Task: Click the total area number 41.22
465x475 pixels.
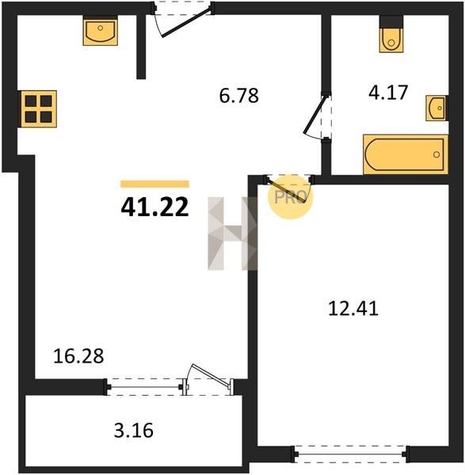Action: point(154,207)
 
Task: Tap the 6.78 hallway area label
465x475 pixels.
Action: point(239,96)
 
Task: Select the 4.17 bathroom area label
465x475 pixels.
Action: point(388,93)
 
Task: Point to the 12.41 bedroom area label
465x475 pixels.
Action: point(353,309)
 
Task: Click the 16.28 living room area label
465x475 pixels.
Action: point(78,356)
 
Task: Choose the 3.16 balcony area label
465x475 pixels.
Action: point(134,431)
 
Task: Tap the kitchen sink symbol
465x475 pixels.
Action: point(101,32)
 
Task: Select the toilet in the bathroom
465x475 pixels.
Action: point(391,39)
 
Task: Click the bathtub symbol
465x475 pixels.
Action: point(406,154)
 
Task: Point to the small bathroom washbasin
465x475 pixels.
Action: point(436,108)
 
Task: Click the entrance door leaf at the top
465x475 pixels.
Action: point(186,23)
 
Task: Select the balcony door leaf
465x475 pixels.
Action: point(210,375)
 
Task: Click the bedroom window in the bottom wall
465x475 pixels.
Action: point(351,454)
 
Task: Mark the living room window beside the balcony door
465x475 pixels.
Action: point(144,387)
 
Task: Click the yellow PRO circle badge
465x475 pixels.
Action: point(290,197)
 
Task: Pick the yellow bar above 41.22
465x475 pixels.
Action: point(154,184)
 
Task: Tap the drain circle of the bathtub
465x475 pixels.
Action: point(436,154)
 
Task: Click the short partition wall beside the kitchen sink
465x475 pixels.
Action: point(141,47)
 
